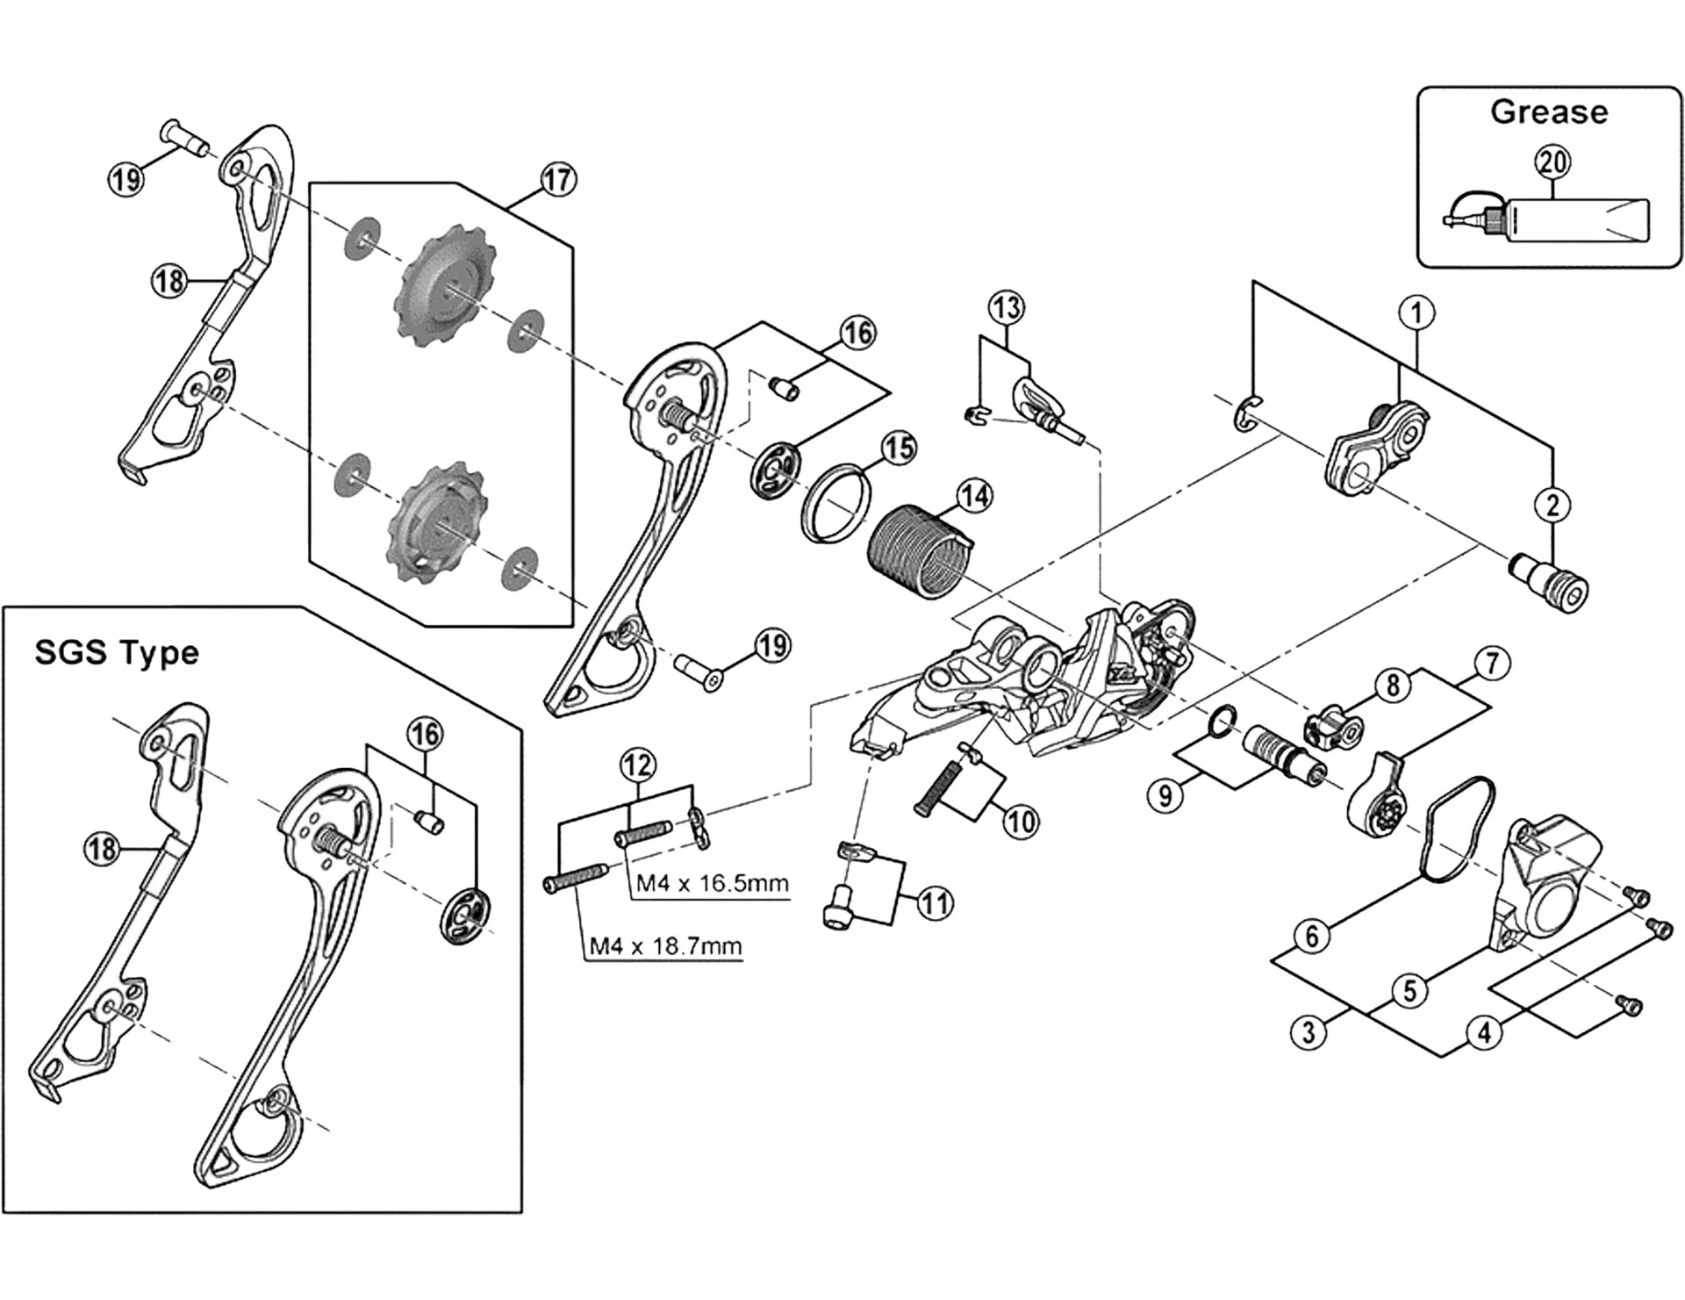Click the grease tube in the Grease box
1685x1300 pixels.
point(1571,219)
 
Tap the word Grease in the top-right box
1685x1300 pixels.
point(1549,112)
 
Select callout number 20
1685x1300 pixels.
point(1552,162)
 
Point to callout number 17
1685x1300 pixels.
point(558,180)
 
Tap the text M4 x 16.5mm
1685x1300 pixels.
point(712,883)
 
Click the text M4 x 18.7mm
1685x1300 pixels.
point(665,946)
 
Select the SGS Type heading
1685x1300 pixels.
point(117,653)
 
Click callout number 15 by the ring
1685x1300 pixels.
point(899,449)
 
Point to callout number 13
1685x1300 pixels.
point(1006,308)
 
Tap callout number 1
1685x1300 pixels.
point(1416,312)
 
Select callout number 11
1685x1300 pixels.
point(935,904)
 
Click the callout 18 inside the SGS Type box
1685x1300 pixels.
point(102,849)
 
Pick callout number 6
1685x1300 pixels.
point(1312,937)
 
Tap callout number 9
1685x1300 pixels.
point(1165,795)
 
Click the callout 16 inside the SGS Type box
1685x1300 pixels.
point(426,734)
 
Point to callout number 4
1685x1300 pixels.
point(1484,1033)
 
